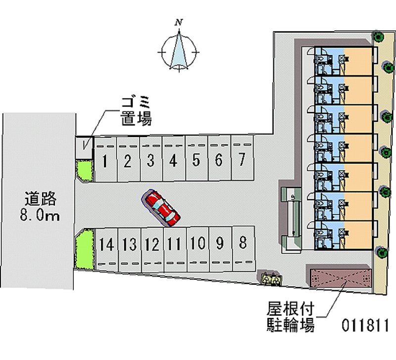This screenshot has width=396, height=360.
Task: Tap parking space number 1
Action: pyautogui.click(x=105, y=161)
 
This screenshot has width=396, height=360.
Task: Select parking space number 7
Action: pyautogui.click(x=242, y=159)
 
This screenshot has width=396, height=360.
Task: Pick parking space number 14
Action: pyautogui.click(x=106, y=244)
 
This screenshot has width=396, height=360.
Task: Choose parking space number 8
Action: pyautogui.click(x=243, y=243)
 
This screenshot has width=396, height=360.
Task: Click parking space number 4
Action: pyautogui.click(x=173, y=160)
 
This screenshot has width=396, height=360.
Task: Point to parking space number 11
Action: pyautogui.click(x=173, y=244)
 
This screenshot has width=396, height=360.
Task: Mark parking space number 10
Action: pyautogui.click(x=197, y=243)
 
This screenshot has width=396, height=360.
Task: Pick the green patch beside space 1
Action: pyautogui.click(x=84, y=170)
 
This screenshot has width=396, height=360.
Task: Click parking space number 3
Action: pyautogui.click(x=151, y=160)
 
